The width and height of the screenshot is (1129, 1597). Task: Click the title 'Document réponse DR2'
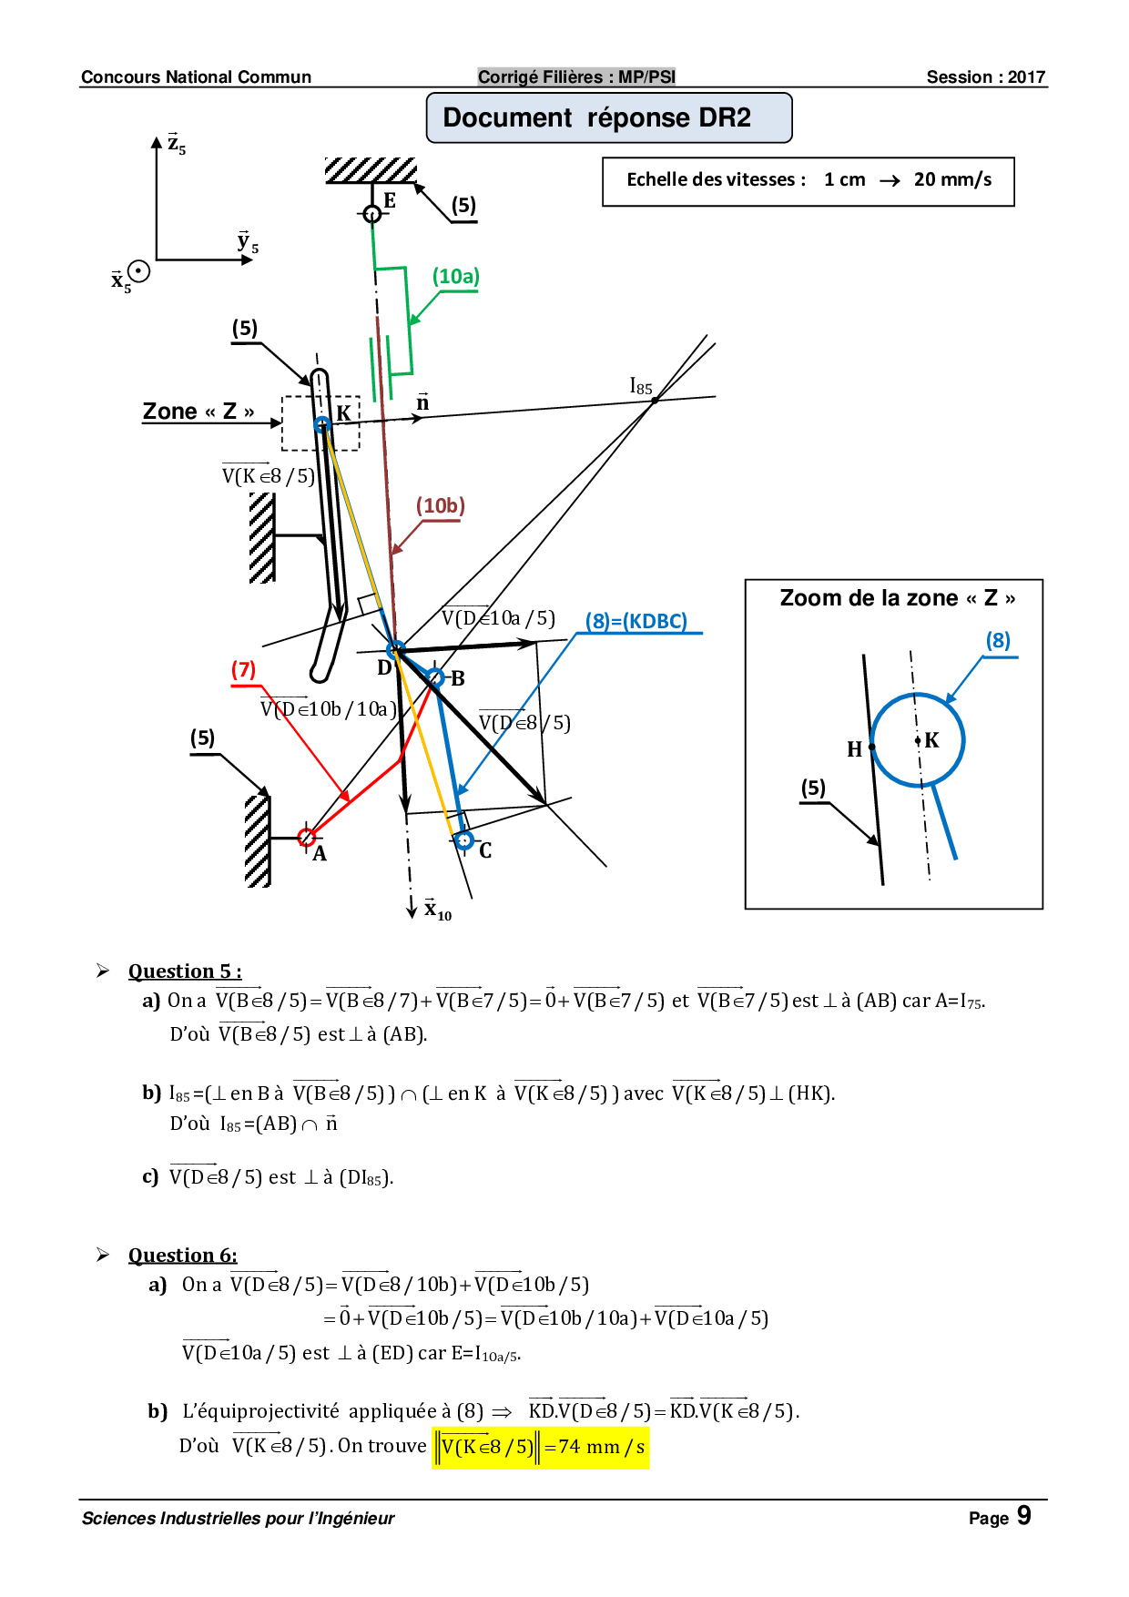coord(597,117)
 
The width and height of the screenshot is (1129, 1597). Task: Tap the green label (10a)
coord(456,276)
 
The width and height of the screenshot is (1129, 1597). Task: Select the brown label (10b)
coord(441,505)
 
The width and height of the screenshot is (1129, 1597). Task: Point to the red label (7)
coord(243,669)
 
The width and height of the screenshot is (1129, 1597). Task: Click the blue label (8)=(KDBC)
coord(636,621)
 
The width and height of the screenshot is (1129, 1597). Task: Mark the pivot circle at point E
coord(371,214)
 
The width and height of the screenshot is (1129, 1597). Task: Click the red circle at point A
coord(307,838)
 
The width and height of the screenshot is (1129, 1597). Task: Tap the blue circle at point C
coord(464,840)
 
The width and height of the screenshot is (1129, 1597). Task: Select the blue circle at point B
coord(436,677)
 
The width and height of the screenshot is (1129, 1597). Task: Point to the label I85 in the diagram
coord(641,386)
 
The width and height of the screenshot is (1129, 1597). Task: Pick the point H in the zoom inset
coord(872,747)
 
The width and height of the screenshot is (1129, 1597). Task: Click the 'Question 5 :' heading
coord(185,971)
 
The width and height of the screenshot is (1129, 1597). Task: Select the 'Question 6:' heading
coord(182,1256)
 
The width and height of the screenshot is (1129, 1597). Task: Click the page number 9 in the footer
coord(1024,1515)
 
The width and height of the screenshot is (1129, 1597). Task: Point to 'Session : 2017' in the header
coord(986,77)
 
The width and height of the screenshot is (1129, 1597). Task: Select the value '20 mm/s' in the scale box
coord(953,179)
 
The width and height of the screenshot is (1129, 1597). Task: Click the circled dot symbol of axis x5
coord(138,271)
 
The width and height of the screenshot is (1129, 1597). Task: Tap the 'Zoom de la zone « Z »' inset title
coord(898,598)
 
